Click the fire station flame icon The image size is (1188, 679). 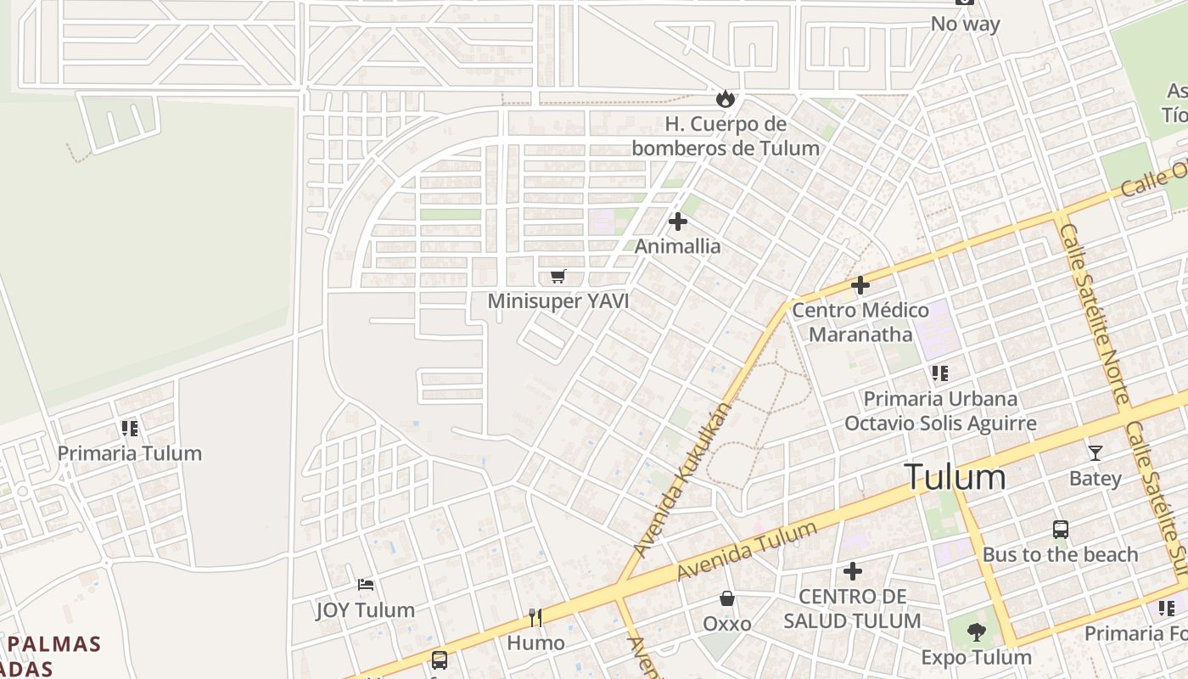725,98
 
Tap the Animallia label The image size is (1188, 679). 678,246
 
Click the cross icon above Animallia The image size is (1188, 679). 678,222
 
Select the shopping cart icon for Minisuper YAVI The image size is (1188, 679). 558,276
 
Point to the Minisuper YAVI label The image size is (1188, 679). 558,301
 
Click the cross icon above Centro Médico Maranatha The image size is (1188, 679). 860,285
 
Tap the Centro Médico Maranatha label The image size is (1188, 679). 860,322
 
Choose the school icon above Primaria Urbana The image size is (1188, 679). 939,373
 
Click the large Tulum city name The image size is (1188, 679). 955,477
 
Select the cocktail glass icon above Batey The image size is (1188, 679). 1096,452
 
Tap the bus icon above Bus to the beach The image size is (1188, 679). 1061,530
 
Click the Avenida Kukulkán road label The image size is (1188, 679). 682,480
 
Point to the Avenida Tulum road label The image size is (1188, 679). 747,552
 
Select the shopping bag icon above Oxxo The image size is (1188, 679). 727,598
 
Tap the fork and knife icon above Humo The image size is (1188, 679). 535,617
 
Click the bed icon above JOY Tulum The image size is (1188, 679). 366,585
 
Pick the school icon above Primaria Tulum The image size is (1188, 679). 129,428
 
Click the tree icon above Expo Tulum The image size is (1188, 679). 977,631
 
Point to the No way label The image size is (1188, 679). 966,24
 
